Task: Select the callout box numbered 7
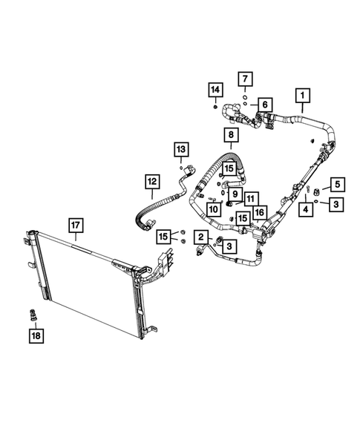click(245, 77)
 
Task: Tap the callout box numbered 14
click(214, 91)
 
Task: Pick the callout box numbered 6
click(264, 105)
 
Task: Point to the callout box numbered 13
click(181, 151)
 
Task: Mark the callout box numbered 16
click(259, 212)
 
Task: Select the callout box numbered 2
click(200, 237)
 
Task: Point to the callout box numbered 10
click(212, 210)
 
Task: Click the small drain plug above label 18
click(33, 315)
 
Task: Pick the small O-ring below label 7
click(243, 95)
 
